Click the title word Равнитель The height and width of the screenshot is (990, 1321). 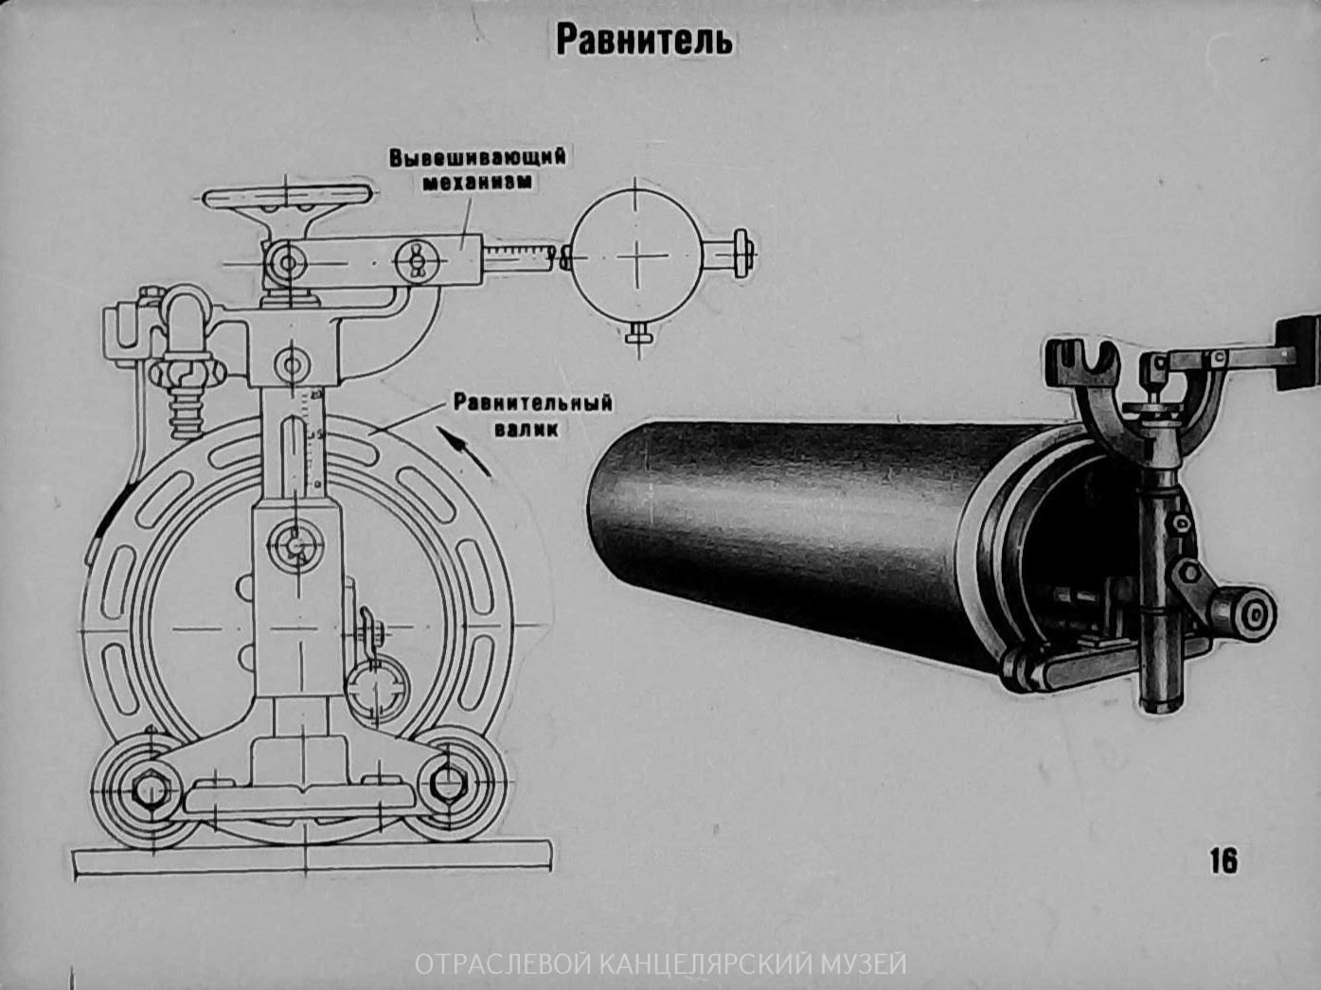click(x=643, y=41)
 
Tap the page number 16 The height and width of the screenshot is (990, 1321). click(x=1223, y=860)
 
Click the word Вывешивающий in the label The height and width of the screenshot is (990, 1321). click(x=477, y=156)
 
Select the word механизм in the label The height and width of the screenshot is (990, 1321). click(x=476, y=182)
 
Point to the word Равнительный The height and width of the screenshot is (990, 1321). click(x=532, y=403)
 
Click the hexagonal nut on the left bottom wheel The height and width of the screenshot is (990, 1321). click(x=149, y=787)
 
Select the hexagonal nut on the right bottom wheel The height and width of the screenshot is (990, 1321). click(x=446, y=783)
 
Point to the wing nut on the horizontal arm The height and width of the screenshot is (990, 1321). click(x=415, y=258)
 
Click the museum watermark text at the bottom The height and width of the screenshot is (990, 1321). click(x=660, y=964)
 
